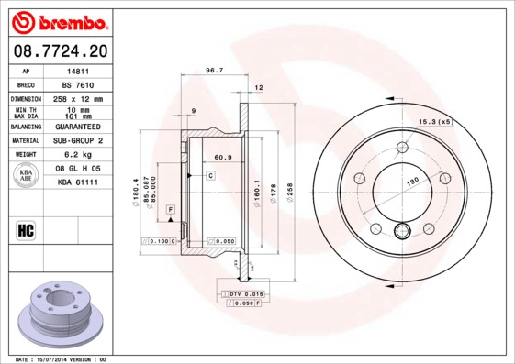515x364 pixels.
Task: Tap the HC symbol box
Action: tap(26, 229)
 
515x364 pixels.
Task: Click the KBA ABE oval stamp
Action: tap(27, 176)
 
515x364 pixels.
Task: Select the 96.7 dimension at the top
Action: tap(214, 71)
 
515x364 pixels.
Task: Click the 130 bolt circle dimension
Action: tap(412, 182)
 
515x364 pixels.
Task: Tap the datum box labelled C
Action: tap(210, 174)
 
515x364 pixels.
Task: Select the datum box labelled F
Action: tap(170, 211)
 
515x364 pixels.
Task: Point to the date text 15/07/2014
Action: tap(61, 358)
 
